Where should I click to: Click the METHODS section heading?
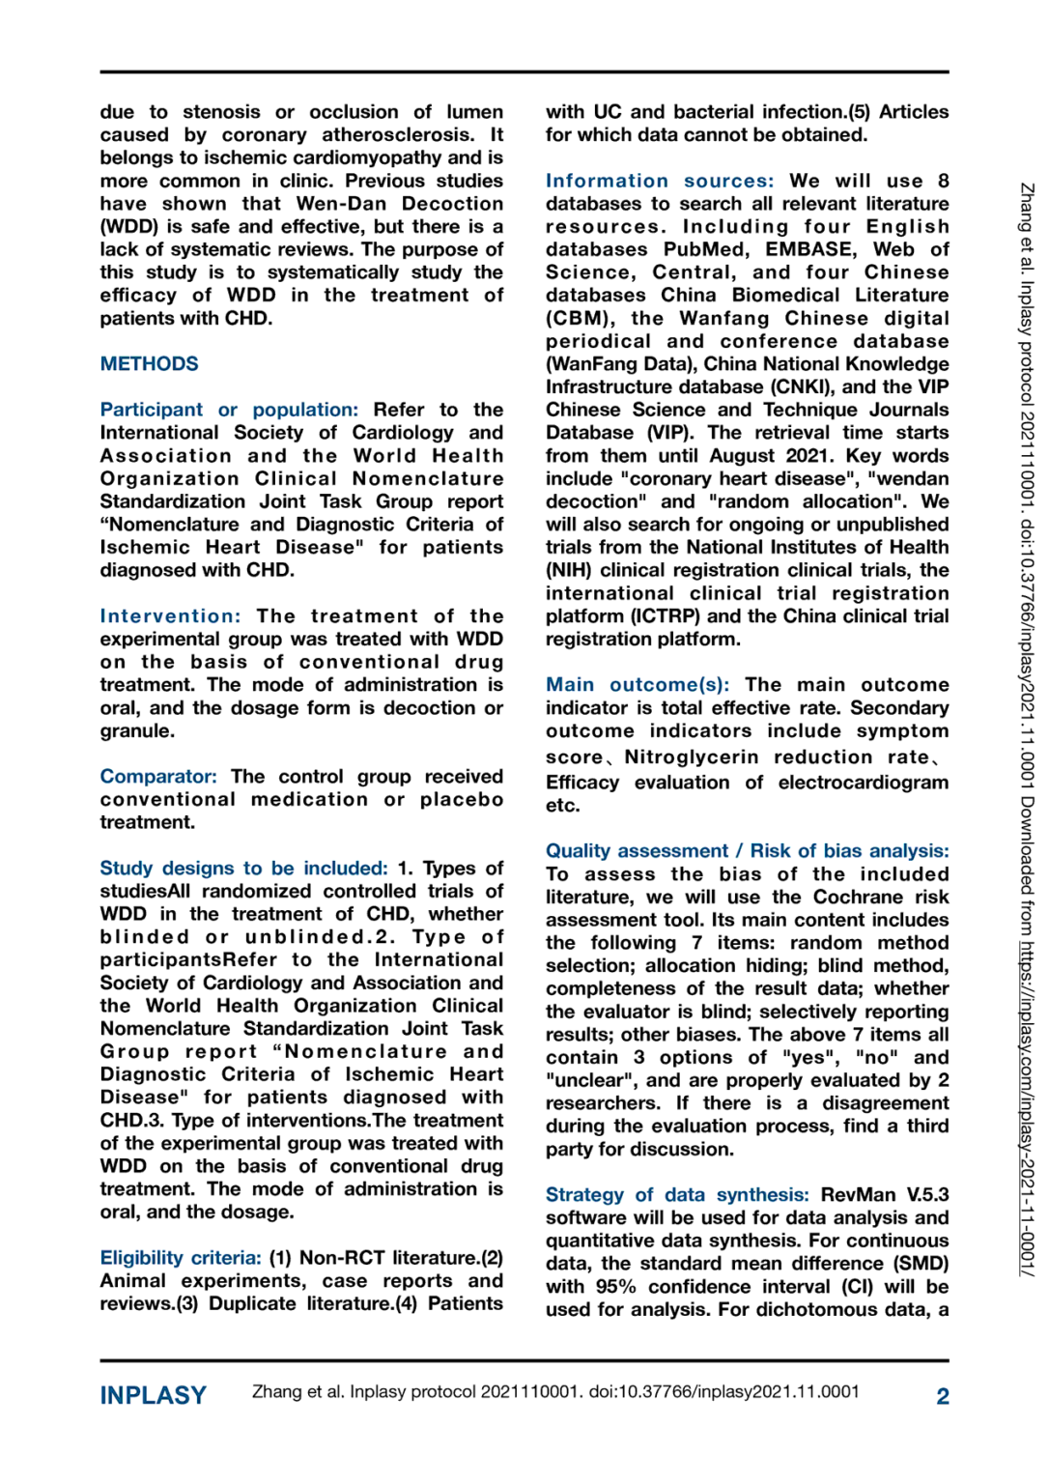(x=149, y=364)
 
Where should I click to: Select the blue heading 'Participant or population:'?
(x=229, y=410)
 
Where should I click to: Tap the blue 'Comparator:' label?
(x=158, y=777)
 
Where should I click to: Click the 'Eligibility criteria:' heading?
(x=181, y=1258)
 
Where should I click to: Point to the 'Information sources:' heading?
(x=660, y=181)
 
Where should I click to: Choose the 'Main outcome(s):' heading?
(x=638, y=685)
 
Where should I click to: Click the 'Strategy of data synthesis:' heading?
(x=677, y=1195)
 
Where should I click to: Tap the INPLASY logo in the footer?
(x=154, y=1395)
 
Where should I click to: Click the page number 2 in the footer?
(x=942, y=1396)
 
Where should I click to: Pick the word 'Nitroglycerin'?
(x=691, y=757)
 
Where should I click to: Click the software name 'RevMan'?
(x=859, y=1195)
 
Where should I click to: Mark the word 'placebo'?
(x=462, y=800)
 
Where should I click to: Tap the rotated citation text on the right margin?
(x=1028, y=729)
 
